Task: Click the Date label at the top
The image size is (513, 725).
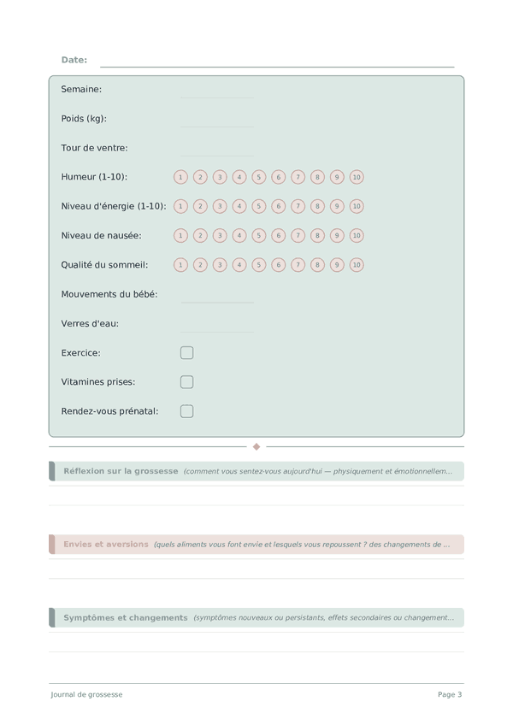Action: pos(74,60)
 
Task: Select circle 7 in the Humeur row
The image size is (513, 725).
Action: pos(298,177)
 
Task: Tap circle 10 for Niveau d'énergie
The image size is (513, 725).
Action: pos(357,206)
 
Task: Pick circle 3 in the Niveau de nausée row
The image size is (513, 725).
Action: pos(220,235)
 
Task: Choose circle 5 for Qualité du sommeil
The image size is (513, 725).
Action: pos(259,265)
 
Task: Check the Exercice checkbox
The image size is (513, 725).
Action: pos(186,353)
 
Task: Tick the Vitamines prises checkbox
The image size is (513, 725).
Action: pos(186,382)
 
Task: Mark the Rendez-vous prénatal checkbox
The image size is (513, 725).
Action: pos(186,411)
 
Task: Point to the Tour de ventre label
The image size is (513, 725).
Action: pos(94,148)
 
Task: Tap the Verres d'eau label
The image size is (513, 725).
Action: pos(90,324)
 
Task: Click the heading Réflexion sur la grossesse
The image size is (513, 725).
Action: pos(121,471)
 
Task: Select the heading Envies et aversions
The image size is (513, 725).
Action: pos(105,544)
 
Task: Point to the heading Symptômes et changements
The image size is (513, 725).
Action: pos(125,617)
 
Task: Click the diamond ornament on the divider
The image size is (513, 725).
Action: pos(256,446)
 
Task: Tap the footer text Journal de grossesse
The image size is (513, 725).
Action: pos(86,694)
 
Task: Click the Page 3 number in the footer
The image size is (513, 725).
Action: pos(450,694)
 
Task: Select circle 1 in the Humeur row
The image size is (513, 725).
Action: pos(180,177)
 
